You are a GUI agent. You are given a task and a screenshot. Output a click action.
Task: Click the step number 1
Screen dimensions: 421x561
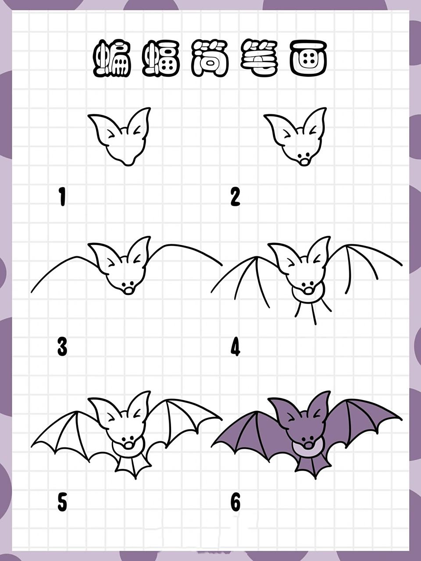62,196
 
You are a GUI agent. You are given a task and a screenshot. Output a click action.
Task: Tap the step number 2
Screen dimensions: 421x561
235,196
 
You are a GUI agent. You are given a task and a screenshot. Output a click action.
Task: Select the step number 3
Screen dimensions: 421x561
62,346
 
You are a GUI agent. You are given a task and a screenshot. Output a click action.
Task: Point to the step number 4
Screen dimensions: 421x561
235,346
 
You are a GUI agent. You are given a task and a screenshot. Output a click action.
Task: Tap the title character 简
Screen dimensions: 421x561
210,58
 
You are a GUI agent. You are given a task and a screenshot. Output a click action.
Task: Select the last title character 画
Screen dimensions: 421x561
309,58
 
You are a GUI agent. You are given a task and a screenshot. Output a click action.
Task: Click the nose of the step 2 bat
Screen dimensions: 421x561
304,163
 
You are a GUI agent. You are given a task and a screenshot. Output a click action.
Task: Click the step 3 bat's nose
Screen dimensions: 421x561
128,290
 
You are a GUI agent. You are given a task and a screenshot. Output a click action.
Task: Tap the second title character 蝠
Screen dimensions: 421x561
161,58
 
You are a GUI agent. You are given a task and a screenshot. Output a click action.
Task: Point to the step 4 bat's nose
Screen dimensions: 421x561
309,290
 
